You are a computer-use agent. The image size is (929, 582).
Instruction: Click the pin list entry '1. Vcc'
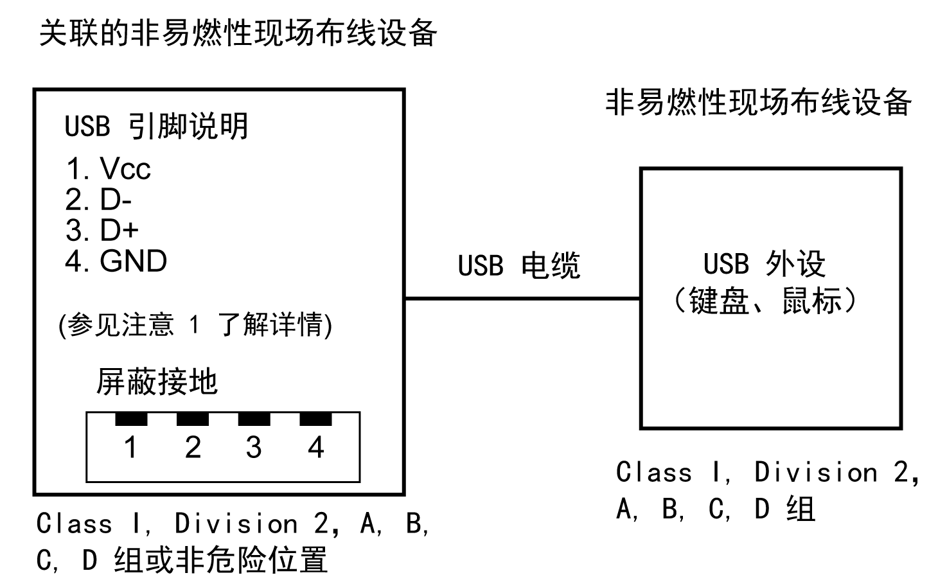108,169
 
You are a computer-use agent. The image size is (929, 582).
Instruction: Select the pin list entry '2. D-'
98,200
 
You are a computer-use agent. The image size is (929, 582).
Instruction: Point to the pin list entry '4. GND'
116,261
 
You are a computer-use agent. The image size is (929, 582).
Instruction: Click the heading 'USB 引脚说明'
156,126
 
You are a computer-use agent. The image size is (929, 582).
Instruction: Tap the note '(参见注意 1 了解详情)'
195,325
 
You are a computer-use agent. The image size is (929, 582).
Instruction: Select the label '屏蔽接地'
157,382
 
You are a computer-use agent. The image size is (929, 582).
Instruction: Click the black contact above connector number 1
131,419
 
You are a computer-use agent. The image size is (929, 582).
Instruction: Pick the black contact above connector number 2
192,419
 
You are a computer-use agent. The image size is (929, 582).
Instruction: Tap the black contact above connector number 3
254,419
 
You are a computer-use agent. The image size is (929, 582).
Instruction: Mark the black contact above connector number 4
315,419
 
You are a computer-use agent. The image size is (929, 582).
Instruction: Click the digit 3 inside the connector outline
254,448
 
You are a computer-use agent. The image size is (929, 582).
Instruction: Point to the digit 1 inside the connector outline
131,448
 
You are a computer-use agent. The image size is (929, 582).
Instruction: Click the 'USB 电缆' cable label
518,265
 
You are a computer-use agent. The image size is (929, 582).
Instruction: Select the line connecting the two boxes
522,298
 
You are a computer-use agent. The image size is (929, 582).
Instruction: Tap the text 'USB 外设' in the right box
764,264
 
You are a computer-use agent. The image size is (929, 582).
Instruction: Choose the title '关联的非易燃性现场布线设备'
238,33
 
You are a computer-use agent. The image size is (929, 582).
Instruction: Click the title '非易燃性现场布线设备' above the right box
758,102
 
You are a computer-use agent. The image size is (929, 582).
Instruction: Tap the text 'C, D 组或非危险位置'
182,560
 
